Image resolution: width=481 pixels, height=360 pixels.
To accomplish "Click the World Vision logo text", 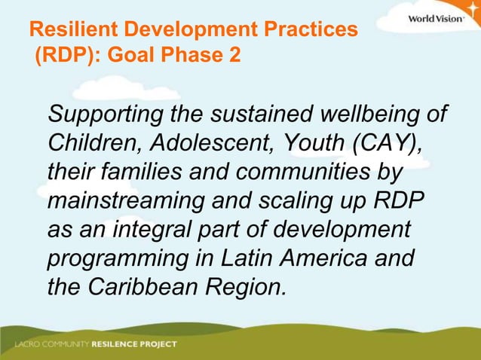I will pos(435,18).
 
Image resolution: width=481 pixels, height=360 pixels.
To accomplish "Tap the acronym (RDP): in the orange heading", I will pos(63,56).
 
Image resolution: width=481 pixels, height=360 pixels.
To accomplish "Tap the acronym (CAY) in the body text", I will pos(384,144).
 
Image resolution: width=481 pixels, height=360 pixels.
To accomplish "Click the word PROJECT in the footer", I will pos(158,345).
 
